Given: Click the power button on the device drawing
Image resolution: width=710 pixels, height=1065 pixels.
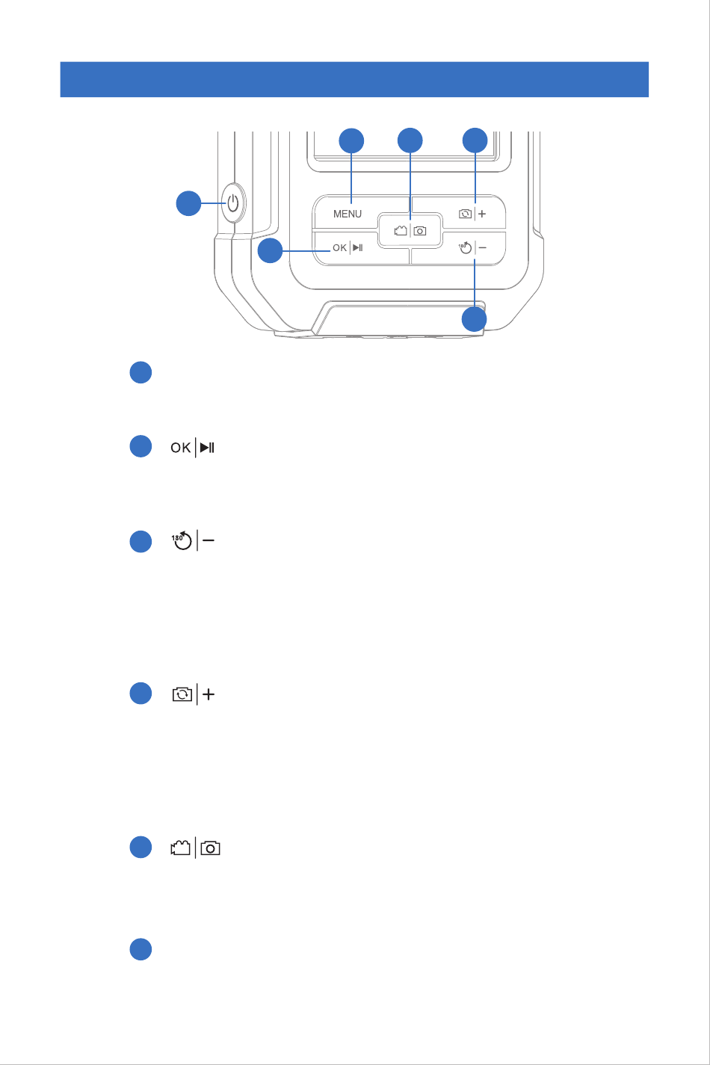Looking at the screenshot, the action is click(233, 203).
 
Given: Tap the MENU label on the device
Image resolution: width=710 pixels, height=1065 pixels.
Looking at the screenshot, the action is click(348, 214).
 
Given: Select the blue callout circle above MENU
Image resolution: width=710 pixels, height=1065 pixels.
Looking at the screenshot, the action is click(352, 141).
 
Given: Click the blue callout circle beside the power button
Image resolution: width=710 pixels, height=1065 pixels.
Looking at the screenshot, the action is click(188, 203).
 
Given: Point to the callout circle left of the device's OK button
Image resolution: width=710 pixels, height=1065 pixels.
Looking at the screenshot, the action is click(270, 252).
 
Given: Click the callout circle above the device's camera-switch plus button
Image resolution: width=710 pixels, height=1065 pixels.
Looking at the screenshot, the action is click(475, 141).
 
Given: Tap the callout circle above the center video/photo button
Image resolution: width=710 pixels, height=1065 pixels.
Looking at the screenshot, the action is click(410, 141).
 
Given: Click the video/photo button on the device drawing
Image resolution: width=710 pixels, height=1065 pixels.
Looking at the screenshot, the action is click(410, 231).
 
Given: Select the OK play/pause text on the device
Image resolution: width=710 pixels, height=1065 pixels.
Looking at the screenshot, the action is click(348, 248).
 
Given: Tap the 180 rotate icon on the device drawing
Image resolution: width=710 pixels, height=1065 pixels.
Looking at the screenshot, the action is click(466, 248).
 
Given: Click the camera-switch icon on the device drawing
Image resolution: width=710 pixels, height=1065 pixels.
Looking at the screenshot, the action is click(466, 214).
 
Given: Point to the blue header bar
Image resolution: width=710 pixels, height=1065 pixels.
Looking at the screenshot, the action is click(354, 79).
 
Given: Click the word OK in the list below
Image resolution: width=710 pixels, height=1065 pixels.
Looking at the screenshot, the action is click(181, 448).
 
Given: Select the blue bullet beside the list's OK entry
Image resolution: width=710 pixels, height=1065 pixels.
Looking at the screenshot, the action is click(141, 446).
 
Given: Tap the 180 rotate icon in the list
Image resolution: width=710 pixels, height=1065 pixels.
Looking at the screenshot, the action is click(182, 542).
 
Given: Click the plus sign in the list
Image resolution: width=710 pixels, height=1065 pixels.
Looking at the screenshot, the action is click(209, 694).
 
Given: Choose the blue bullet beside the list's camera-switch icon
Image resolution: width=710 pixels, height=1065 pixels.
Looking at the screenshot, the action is click(141, 693).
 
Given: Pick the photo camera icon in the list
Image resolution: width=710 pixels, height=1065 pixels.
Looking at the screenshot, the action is click(211, 849).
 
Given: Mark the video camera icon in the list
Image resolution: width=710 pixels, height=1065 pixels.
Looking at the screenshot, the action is click(181, 849).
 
